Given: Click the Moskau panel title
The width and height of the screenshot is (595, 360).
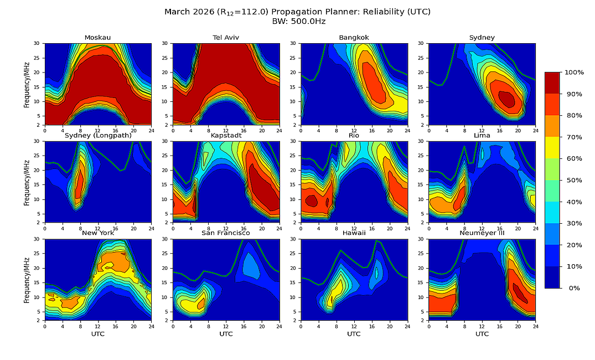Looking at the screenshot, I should (97, 38).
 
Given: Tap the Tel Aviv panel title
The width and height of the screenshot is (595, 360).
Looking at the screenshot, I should (226, 38).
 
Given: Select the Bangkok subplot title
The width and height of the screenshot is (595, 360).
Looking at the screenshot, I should (354, 38).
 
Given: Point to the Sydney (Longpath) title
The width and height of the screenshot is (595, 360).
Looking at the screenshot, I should (97, 136).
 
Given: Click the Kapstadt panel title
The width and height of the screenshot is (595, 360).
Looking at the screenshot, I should (226, 136).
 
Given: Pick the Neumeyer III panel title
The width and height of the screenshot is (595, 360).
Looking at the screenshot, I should (482, 233).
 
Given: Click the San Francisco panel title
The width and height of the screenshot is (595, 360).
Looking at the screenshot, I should (226, 233).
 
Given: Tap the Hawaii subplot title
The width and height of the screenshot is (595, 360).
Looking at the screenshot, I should (354, 233).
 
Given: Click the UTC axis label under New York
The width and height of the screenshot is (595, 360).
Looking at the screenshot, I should (97, 334).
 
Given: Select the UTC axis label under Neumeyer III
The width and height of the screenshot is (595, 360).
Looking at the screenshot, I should (482, 334).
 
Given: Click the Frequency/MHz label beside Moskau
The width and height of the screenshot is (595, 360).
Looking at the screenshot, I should (27, 84).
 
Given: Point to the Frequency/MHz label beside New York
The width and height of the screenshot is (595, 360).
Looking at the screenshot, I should (27, 280).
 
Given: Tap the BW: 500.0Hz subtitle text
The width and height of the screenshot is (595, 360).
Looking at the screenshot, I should (298, 21).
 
